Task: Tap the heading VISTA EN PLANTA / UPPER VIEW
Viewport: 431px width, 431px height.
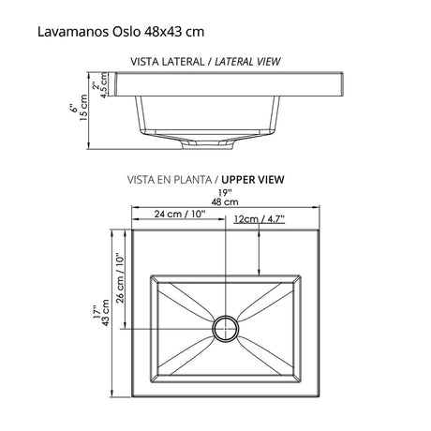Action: [207, 179]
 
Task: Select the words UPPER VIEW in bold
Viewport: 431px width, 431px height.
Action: [252, 179]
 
